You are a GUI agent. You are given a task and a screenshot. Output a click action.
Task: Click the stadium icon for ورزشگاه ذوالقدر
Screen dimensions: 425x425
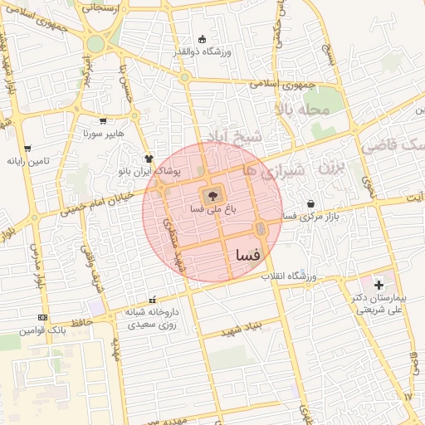coord(202,39)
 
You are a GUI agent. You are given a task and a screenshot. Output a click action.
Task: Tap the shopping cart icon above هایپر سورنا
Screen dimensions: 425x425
coord(103,121)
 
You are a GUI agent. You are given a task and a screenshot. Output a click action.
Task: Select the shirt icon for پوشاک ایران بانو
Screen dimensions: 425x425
coord(149,158)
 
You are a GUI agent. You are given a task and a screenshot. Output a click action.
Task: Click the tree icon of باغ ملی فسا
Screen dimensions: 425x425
coord(212,196)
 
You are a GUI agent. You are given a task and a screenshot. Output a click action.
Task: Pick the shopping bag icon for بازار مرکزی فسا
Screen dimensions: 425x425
coord(310,203)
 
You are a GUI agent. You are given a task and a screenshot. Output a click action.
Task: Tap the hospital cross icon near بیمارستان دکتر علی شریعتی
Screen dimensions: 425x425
coord(379,285)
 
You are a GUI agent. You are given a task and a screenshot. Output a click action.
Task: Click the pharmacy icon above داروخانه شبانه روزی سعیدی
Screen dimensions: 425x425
coord(151,300)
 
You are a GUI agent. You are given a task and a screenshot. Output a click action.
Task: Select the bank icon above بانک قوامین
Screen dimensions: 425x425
coord(43,317)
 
